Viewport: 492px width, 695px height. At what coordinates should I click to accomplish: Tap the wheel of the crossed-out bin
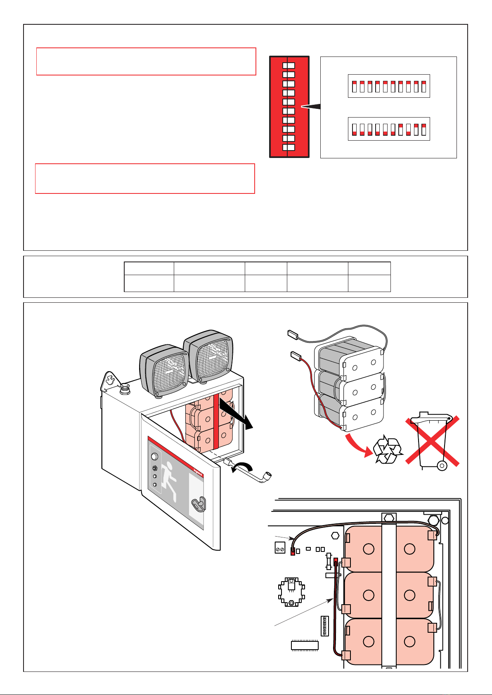[442, 466]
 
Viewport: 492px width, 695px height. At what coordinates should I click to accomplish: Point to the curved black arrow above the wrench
[243, 466]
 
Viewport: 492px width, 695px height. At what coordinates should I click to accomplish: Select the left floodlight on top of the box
[164, 369]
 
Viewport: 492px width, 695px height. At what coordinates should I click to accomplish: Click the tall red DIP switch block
[289, 107]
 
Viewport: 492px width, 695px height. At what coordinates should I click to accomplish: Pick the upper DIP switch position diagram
[389, 86]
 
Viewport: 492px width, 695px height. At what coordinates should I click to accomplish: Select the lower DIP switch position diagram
[389, 129]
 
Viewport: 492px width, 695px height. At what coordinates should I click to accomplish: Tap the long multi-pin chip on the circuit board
[305, 645]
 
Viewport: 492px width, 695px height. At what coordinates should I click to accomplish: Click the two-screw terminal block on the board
[280, 548]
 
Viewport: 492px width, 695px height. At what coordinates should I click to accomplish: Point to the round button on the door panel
[154, 457]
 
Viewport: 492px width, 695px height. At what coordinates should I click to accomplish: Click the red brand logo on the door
[199, 470]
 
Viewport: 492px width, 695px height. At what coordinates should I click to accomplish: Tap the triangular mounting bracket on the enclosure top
[109, 380]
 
